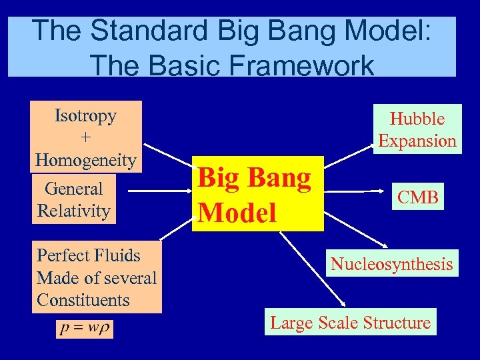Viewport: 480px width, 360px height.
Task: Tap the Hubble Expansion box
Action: coord(417,129)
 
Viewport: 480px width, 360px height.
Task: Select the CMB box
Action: coord(418,197)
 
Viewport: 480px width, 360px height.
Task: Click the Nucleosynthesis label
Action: coord(391,264)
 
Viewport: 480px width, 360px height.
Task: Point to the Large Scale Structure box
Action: coord(350,323)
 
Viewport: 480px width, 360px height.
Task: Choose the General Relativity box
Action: coord(74,199)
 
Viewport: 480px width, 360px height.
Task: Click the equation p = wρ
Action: coord(85,329)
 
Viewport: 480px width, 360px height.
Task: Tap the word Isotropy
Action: coord(85,115)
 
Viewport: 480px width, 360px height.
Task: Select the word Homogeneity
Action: coord(85,160)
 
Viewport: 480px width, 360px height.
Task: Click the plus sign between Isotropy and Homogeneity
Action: coord(85,137)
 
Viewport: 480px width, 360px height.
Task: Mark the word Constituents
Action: coord(83,300)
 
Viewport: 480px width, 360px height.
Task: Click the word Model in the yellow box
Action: coord(237,212)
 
